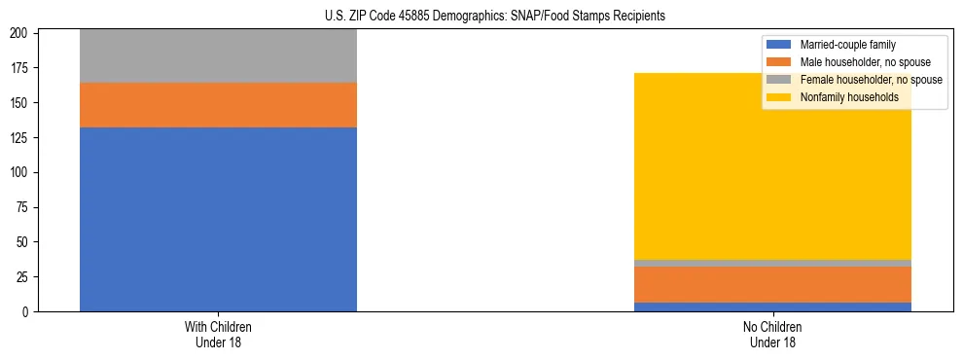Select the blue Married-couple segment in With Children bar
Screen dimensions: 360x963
coord(218,219)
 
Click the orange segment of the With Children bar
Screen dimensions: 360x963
coord(218,105)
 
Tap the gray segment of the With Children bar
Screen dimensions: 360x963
coord(218,56)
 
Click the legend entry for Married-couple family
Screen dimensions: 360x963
coord(847,45)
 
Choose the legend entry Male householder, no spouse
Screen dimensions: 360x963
coord(858,62)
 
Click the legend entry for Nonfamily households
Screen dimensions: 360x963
coord(848,97)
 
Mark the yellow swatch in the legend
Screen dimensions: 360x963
coord(779,97)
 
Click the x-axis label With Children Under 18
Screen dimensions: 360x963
coord(218,334)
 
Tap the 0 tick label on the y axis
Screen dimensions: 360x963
coord(30,311)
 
